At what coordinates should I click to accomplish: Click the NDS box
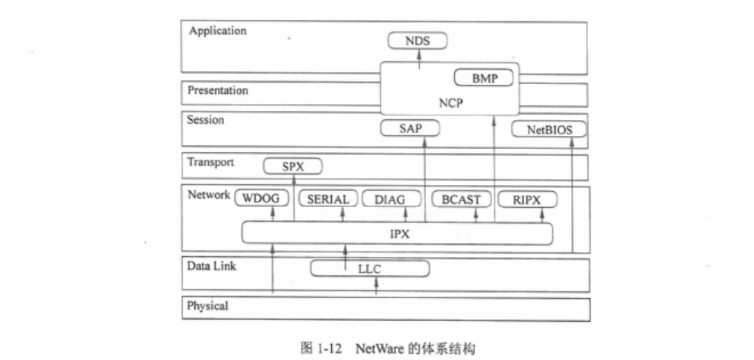417,41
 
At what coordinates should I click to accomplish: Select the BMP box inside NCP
483,79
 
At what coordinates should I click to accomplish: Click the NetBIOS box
547,129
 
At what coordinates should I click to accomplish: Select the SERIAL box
327,199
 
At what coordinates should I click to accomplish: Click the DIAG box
391,199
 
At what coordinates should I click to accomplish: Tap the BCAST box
460,199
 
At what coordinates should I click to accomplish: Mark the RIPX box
527,199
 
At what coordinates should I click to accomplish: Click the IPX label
398,234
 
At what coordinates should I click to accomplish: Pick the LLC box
369,269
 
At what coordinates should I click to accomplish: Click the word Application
217,31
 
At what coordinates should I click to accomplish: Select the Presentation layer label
218,90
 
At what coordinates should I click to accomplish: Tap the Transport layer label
210,162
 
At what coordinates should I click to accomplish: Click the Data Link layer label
211,265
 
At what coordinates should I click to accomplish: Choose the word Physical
208,306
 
